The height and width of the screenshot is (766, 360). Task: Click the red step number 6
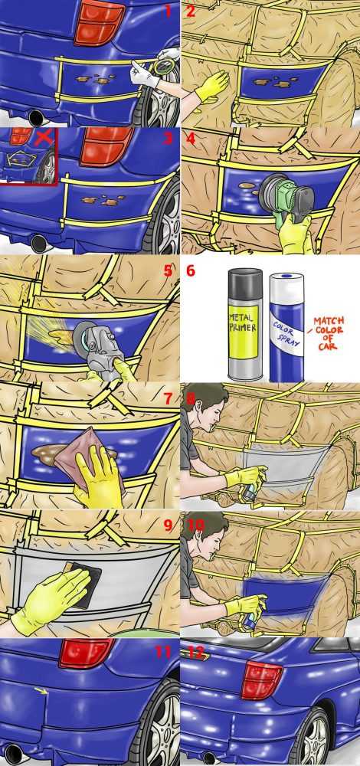[191, 270]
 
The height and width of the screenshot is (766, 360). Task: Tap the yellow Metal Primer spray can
[246, 324]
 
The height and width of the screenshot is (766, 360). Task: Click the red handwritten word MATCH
[329, 322]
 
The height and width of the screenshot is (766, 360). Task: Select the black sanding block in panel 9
[81, 584]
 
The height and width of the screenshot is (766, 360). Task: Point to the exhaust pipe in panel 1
[35, 117]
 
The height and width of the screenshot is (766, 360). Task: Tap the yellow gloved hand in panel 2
[211, 84]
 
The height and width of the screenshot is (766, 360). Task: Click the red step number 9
[168, 525]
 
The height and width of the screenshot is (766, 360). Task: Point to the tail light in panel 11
[87, 652]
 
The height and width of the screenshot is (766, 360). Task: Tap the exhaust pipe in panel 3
[38, 243]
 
